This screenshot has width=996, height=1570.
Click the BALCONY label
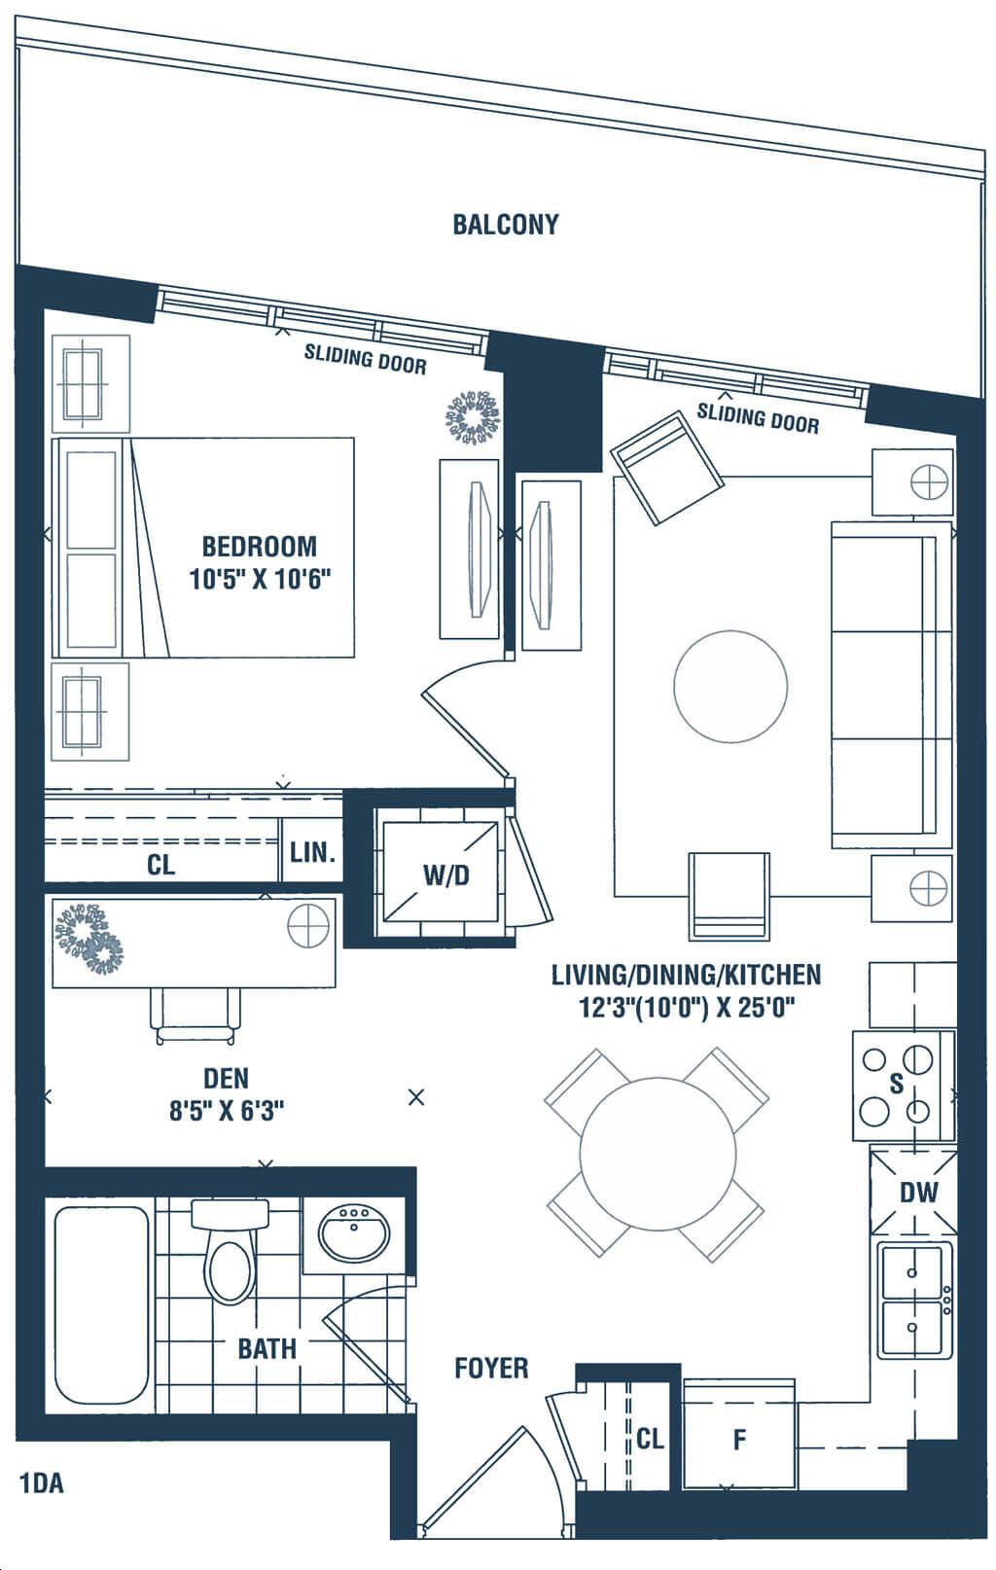[x=506, y=225]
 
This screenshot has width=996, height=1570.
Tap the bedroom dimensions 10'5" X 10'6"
[x=260, y=580]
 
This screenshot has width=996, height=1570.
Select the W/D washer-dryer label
[x=445, y=874]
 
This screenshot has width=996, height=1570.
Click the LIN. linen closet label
[x=312, y=852]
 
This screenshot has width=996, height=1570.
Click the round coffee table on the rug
[x=730, y=686]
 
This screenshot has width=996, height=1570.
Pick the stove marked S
[x=904, y=1085]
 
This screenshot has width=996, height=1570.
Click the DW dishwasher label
[x=919, y=1193]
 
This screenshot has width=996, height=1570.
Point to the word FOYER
[x=491, y=1368]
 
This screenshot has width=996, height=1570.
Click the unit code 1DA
[x=42, y=1483]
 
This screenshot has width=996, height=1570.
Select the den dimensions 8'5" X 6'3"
[x=227, y=1112]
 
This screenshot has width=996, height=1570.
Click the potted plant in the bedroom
[x=474, y=416]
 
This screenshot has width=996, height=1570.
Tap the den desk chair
[x=196, y=1017]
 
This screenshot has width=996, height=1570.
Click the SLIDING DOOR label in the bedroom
[x=365, y=358]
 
